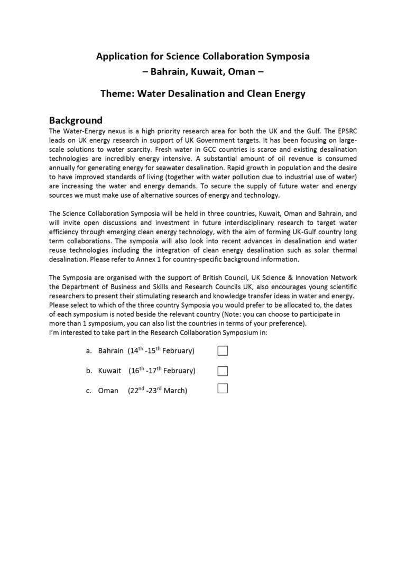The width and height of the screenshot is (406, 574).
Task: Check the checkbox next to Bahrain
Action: tap(223, 350)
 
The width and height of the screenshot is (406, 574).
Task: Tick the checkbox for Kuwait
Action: tap(223, 371)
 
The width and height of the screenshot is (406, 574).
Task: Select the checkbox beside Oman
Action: tap(223, 389)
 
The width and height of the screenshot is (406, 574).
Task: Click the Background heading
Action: tap(76, 120)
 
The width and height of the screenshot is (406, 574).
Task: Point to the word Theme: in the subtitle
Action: tap(117, 94)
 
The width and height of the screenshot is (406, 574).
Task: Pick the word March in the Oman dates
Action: tap(176, 391)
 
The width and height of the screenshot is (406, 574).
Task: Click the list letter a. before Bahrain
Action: tap(89, 351)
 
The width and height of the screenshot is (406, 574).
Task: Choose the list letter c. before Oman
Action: tap(89, 391)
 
